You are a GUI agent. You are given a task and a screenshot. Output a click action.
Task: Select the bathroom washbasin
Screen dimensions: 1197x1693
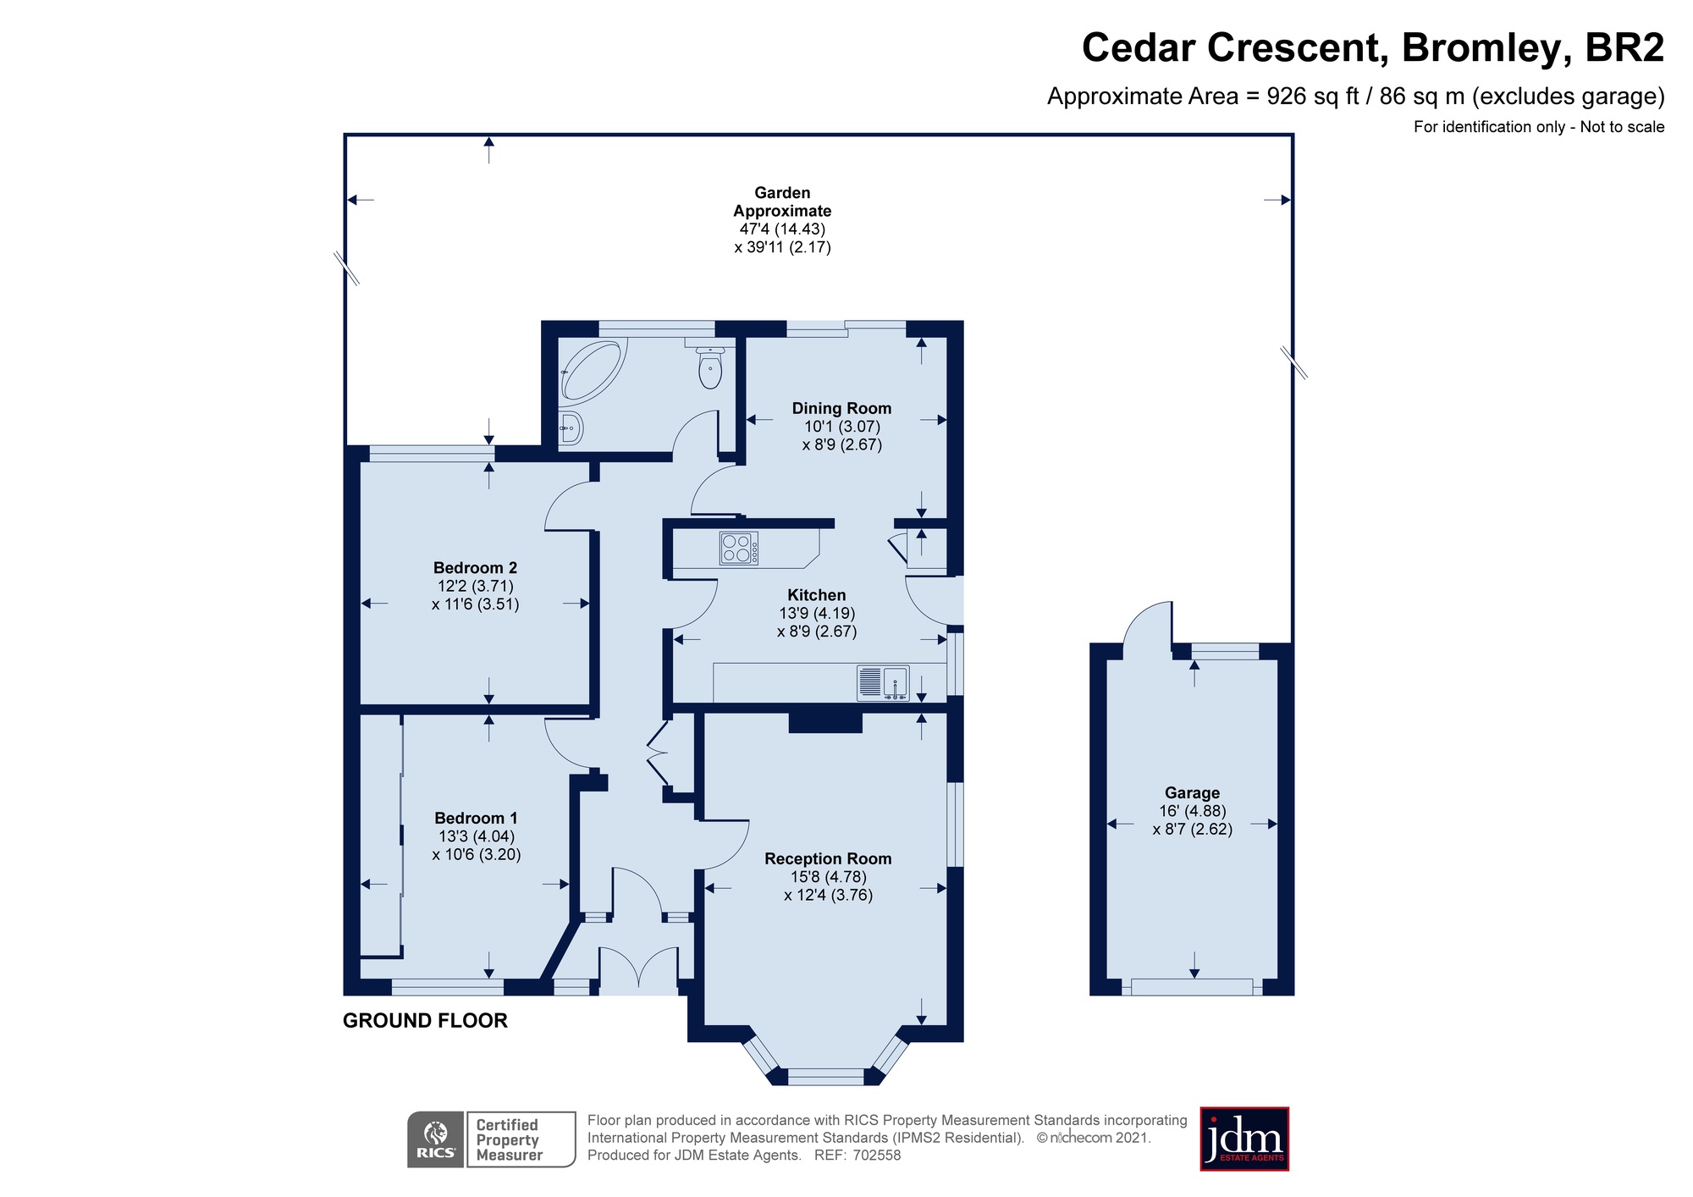(571, 427)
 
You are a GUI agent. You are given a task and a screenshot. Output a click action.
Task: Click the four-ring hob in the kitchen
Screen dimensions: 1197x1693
(738, 548)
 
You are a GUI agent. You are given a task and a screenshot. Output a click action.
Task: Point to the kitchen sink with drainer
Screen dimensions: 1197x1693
(884, 683)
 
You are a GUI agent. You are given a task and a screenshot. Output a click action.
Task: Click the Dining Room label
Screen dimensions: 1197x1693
(841, 408)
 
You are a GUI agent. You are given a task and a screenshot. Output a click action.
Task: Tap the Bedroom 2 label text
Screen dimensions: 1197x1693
(475, 568)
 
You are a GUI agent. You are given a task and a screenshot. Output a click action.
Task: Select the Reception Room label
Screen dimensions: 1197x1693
(828, 858)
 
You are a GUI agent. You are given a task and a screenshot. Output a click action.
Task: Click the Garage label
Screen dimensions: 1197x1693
(1192, 793)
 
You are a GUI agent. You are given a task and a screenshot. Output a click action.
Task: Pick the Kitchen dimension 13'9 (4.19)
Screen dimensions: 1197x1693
(817, 613)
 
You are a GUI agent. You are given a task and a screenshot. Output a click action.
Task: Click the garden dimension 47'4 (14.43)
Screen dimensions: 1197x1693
(782, 229)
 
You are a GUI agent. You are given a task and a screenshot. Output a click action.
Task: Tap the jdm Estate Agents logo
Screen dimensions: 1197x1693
(1244, 1139)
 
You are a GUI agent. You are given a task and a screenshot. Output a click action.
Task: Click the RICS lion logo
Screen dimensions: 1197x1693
(436, 1139)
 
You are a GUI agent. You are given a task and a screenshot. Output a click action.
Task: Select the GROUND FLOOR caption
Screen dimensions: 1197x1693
(425, 1021)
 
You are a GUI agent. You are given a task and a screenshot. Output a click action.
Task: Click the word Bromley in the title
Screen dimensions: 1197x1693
(1481, 47)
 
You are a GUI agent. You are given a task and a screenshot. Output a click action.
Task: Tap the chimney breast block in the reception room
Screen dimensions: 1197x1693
(825, 722)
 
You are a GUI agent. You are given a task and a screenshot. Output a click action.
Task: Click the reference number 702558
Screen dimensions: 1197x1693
(877, 1155)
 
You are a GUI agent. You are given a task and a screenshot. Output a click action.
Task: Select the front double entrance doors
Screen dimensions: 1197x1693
(638, 967)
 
